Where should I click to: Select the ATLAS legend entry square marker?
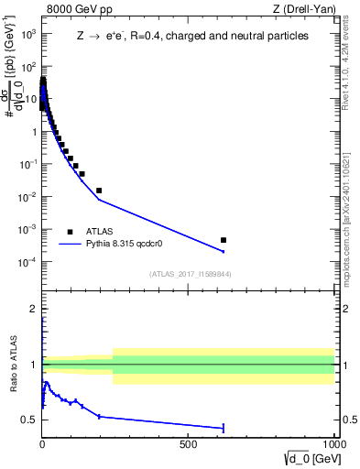tap(70, 232)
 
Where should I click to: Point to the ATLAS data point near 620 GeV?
tap(224, 240)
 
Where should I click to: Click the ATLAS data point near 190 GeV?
tap(99, 191)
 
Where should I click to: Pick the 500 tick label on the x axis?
tap(189, 446)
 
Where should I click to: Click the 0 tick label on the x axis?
tap(42, 446)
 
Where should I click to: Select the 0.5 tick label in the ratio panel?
tap(27, 420)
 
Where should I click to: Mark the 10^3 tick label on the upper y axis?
tap(28, 34)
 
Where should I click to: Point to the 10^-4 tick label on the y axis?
tap(27, 261)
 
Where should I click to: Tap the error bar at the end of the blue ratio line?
tap(224, 427)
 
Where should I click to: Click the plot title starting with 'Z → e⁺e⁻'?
tap(191, 37)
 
